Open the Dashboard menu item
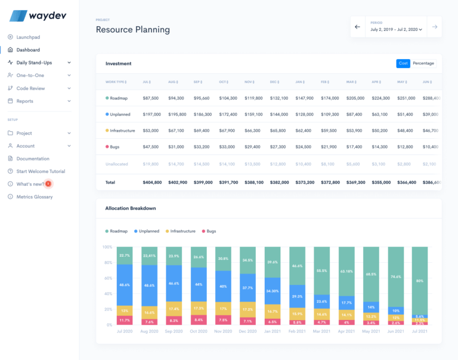click(28, 49)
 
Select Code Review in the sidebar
click(30, 88)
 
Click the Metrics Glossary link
click(35, 197)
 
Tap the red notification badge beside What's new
click(48, 184)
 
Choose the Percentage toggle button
click(423, 63)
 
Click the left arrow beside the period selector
click(358, 27)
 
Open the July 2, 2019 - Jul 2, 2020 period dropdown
click(396, 29)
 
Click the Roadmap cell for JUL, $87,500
click(151, 98)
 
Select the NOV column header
click(249, 82)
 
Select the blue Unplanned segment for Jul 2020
click(125, 285)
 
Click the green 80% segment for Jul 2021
click(420, 280)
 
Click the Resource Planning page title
click(132, 30)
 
